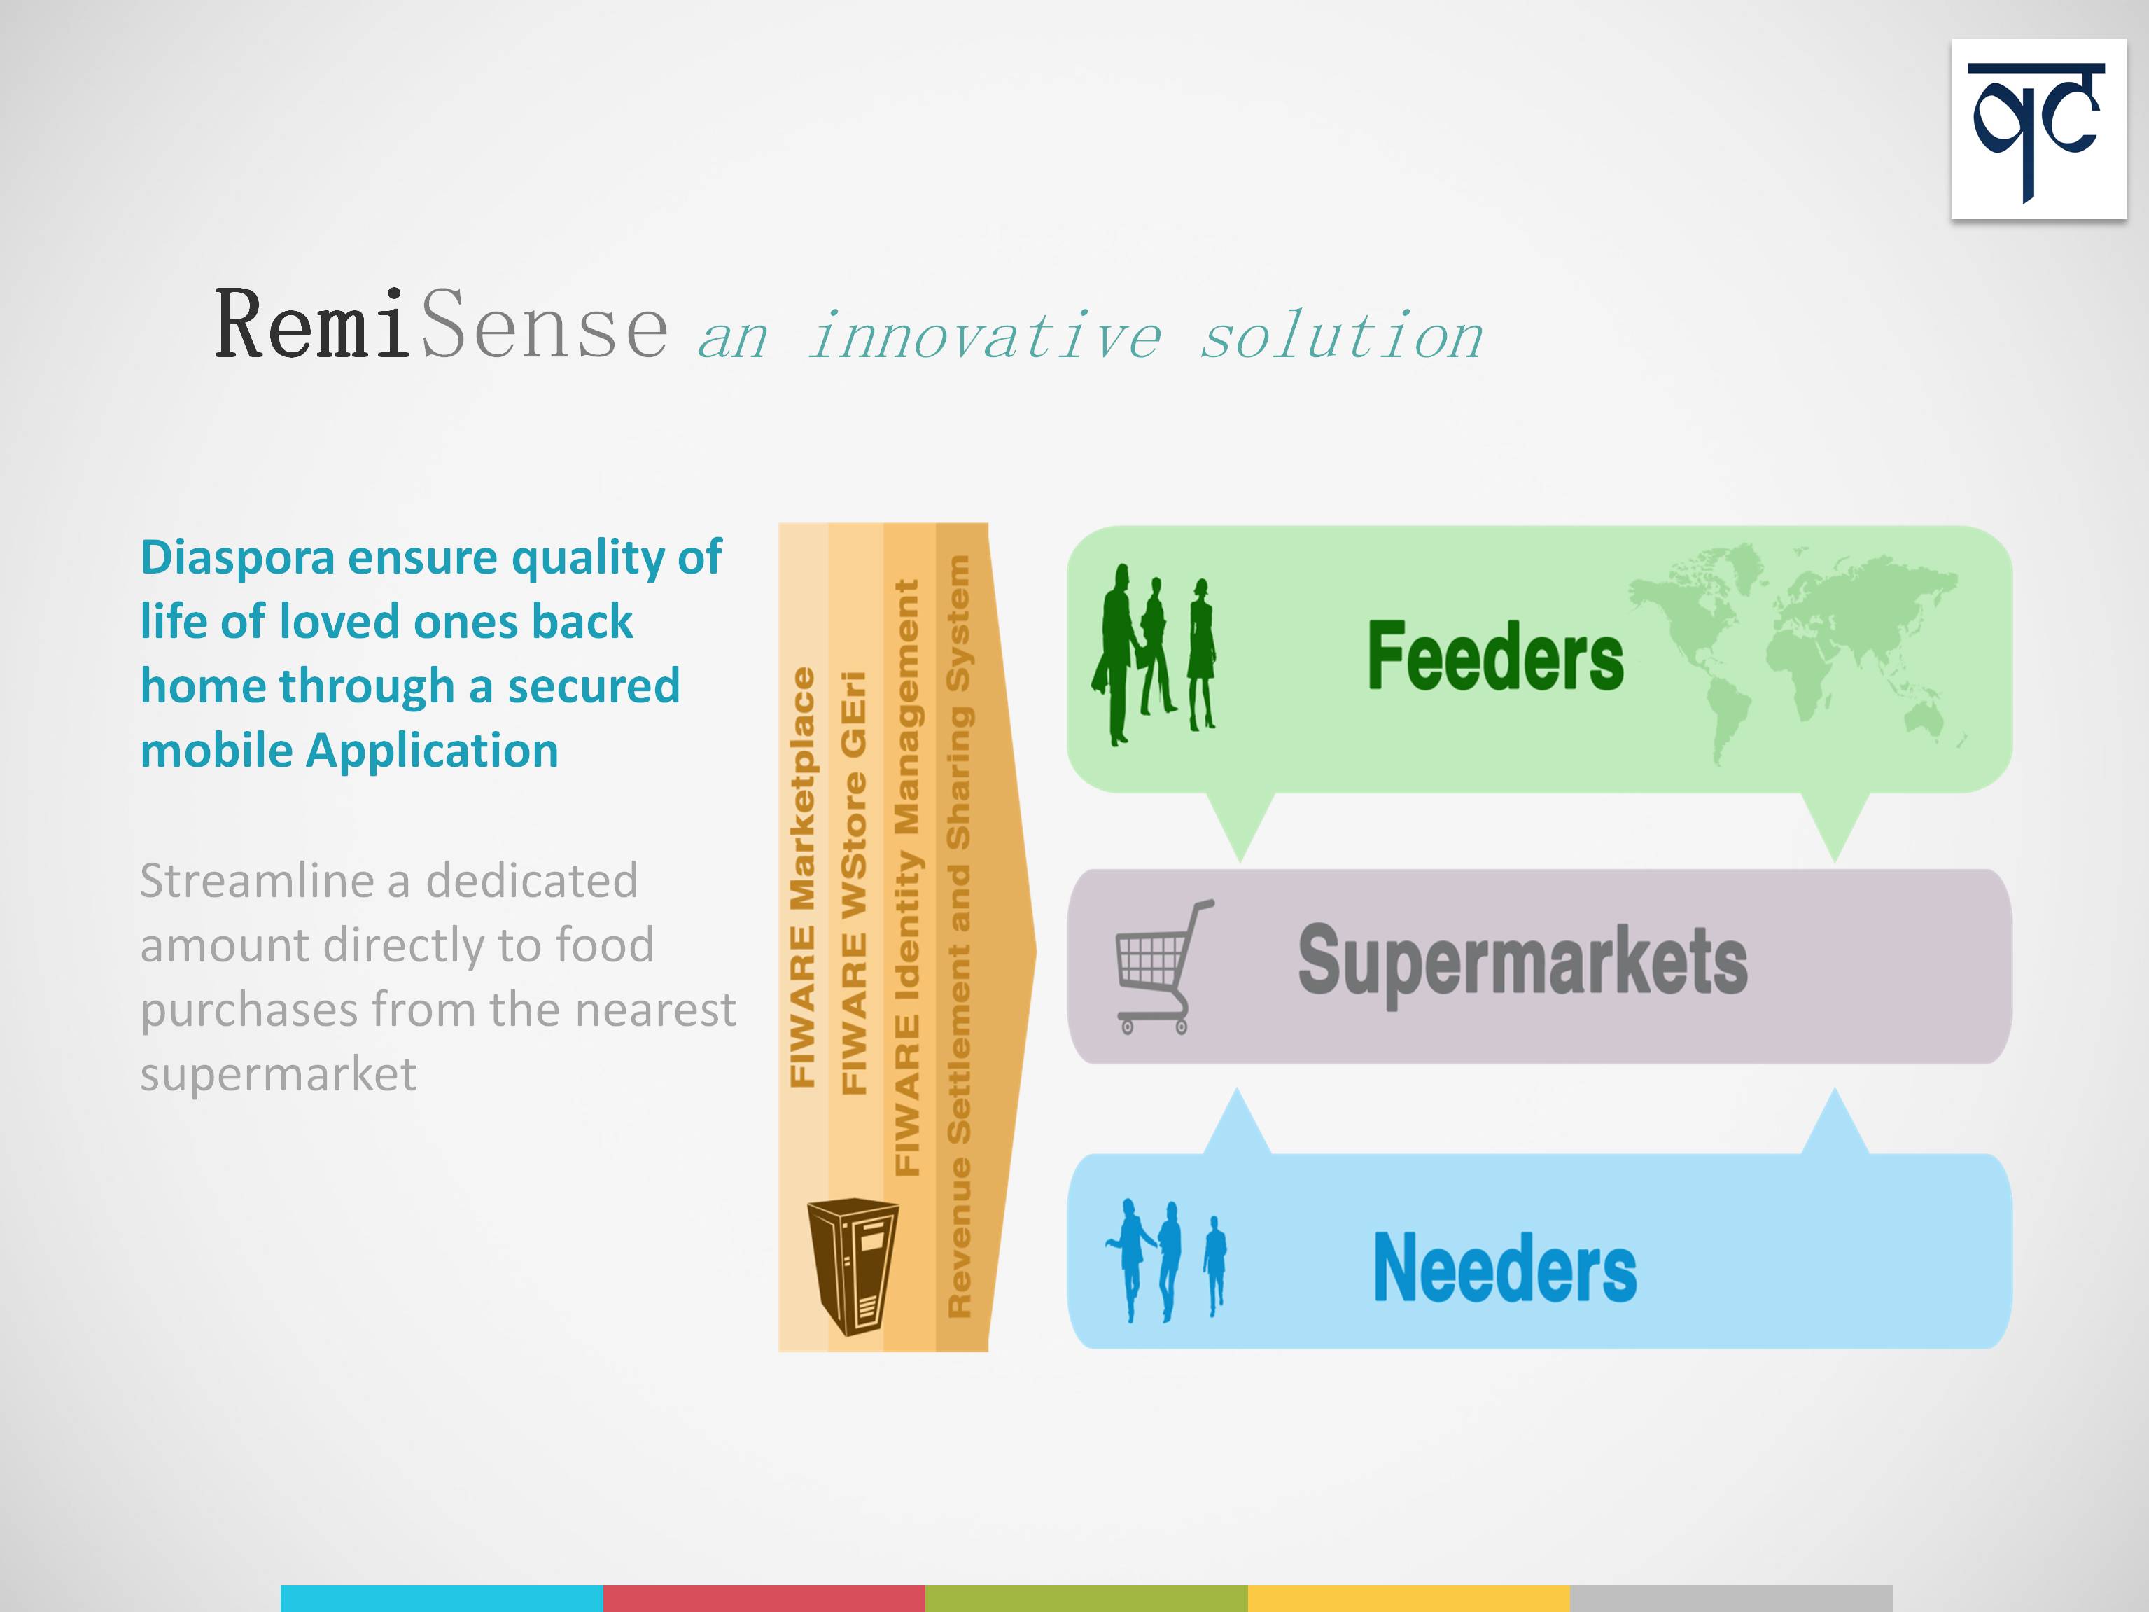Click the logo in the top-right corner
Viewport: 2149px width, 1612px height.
pos(2038,130)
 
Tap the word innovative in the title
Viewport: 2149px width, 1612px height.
pos(984,336)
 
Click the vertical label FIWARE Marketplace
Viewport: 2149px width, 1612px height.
pos(802,877)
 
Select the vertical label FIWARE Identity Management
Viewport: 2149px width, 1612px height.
pos(906,877)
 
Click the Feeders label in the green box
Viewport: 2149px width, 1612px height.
pos(1495,657)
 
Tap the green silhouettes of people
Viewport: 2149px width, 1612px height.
pos(1153,654)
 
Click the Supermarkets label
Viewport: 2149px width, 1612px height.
pos(1522,960)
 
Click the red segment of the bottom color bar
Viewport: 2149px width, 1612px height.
pos(764,1599)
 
